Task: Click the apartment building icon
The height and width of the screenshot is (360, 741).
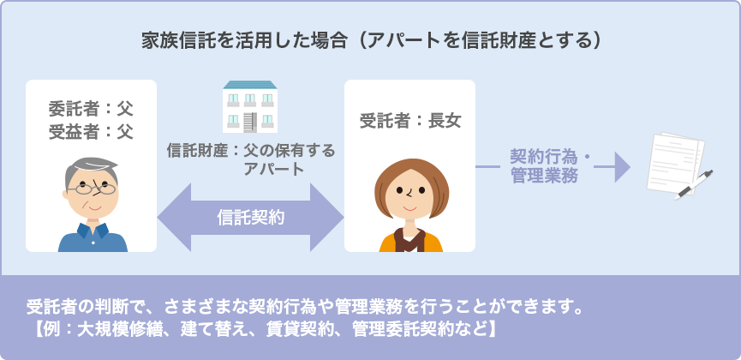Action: (250, 106)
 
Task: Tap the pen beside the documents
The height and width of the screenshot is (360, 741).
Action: (693, 185)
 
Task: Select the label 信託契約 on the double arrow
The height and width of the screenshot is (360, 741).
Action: (250, 217)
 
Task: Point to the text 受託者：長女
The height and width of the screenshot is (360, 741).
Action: (410, 122)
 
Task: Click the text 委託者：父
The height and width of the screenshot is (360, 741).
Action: (91, 110)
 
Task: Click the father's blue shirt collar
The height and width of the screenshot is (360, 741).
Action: (93, 231)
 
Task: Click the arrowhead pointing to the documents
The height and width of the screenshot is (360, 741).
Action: (622, 167)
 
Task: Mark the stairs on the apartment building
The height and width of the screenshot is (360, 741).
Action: (250, 122)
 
